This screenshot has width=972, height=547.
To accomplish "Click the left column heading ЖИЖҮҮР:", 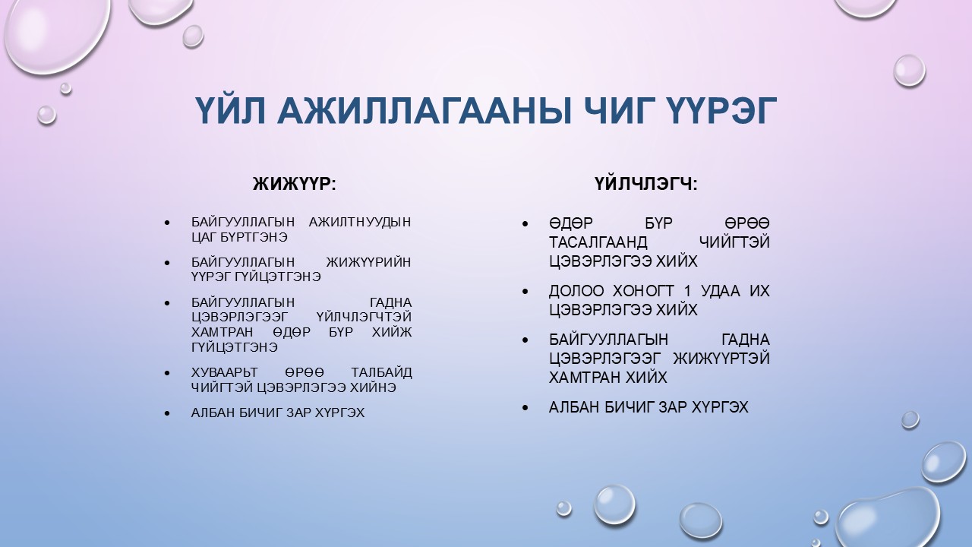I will pos(294,184).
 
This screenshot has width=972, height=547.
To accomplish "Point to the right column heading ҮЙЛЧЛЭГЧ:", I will pos(646,184).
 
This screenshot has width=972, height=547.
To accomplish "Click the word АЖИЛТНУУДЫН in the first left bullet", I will pos(361,223).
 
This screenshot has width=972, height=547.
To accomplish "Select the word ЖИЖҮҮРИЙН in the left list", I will pos(368,262).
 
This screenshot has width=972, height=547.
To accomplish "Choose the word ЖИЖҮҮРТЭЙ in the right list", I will pos(721,359).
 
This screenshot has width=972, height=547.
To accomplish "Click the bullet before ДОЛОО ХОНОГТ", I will pos(525,292).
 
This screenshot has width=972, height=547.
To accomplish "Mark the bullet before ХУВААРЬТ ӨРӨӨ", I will pos(166,373).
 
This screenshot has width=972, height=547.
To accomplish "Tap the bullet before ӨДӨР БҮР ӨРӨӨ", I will pos(525,224).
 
